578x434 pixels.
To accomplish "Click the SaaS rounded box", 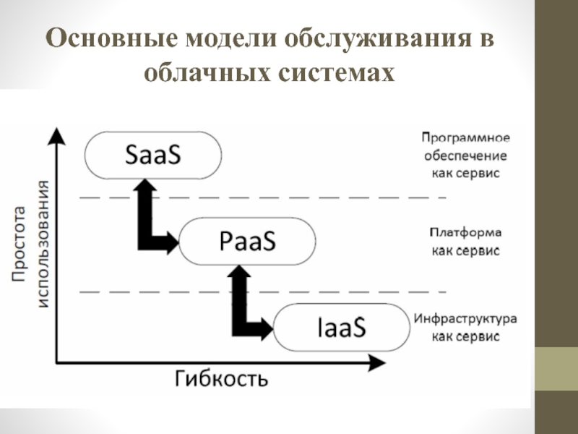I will coord(152,156).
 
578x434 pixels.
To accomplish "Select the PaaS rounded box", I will coord(247,242).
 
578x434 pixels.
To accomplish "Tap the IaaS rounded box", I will coord(342,327).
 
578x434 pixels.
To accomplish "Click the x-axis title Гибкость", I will coord(221,378).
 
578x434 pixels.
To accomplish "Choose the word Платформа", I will coord(465,232).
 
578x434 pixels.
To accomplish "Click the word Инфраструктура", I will coord(465,318).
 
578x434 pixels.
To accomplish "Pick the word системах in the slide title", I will coord(340,72).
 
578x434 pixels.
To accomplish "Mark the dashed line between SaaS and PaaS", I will coord(260,197).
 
